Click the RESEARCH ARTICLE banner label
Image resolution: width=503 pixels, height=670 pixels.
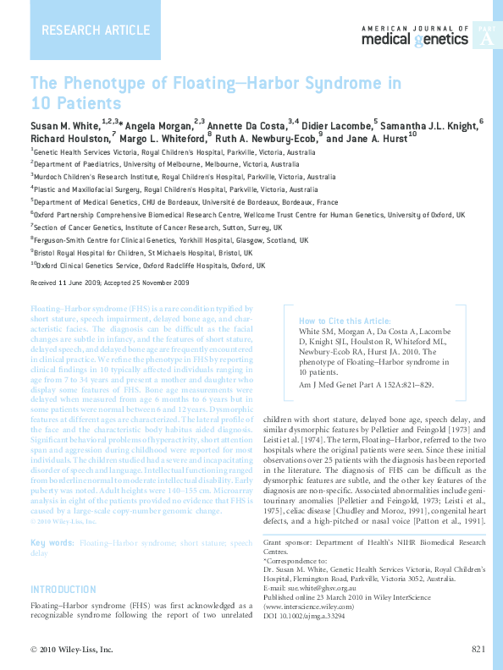pos(83,31)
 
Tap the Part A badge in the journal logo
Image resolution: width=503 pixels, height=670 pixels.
pos(485,38)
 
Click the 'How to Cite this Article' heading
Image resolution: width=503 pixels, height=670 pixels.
pos(345,321)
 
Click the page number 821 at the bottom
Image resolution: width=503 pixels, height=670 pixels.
pos(478,649)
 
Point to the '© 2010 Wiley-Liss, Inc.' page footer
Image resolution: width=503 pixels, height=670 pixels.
pos(71,649)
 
